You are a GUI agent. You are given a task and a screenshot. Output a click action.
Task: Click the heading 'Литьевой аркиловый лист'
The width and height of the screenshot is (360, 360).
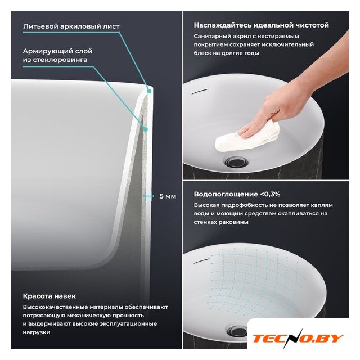71,26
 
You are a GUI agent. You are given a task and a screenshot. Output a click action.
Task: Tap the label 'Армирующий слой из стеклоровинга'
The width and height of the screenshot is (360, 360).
57,55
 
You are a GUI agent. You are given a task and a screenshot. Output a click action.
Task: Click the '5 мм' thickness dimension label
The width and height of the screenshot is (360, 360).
168,196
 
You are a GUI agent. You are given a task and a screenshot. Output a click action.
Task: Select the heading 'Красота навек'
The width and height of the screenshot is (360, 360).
49,296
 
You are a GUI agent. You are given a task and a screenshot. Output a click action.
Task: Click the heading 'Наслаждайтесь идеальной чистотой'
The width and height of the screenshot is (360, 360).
261,25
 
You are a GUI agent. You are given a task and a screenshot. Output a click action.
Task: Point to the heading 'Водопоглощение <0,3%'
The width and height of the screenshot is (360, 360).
237,194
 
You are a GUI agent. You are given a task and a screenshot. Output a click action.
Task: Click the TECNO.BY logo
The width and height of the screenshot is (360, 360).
298,339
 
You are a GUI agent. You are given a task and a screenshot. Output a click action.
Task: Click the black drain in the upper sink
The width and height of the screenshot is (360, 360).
236,161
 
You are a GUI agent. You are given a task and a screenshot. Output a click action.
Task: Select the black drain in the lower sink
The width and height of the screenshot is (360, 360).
237,331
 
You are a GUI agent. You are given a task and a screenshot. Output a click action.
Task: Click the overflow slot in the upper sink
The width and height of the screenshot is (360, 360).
200,91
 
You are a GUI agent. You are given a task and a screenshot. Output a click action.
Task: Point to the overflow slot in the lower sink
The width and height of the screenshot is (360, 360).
201,261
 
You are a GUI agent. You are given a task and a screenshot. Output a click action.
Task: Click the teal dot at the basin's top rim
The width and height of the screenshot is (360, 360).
149,91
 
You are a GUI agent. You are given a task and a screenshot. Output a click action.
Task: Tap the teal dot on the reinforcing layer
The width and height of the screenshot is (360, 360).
145,129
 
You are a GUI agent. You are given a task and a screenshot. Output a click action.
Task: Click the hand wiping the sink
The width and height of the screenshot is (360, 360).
282,108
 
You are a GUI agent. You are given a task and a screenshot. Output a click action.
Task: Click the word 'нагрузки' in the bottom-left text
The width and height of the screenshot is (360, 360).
37,332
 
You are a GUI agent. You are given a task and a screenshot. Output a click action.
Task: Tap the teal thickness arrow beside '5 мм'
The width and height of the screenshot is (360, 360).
148,196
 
